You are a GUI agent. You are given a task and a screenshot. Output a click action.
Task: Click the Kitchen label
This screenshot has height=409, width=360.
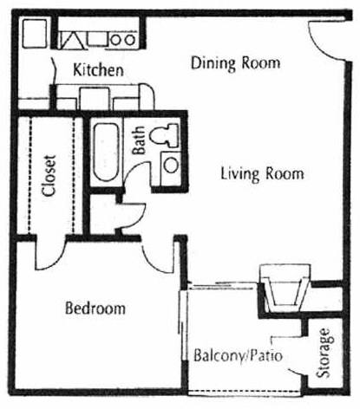pyautogui.click(x=98, y=70)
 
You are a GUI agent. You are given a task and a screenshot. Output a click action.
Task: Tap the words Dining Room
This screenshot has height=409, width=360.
pyautogui.click(x=235, y=62)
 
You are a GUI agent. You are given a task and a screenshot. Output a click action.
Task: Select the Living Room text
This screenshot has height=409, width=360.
pyautogui.click(x=261, y=174)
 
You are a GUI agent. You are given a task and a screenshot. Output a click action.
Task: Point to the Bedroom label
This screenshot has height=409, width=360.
pyautogui.click(x=95, y=308)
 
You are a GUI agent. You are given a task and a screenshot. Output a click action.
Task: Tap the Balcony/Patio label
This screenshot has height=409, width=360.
pyautogui.click(x=239, y=355)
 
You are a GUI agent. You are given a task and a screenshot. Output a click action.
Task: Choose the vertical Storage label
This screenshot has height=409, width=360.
pyautogui.click(x=325, y=354)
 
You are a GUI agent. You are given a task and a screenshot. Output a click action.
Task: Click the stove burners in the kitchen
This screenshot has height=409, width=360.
pyautogui.click(x=121, y=38)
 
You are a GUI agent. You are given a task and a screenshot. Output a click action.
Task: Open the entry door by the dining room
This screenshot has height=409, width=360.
pyautogui.click(x=323, y=39)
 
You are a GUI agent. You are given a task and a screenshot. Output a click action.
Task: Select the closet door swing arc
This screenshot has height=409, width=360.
pyautogui.click(x=49, y=250)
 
